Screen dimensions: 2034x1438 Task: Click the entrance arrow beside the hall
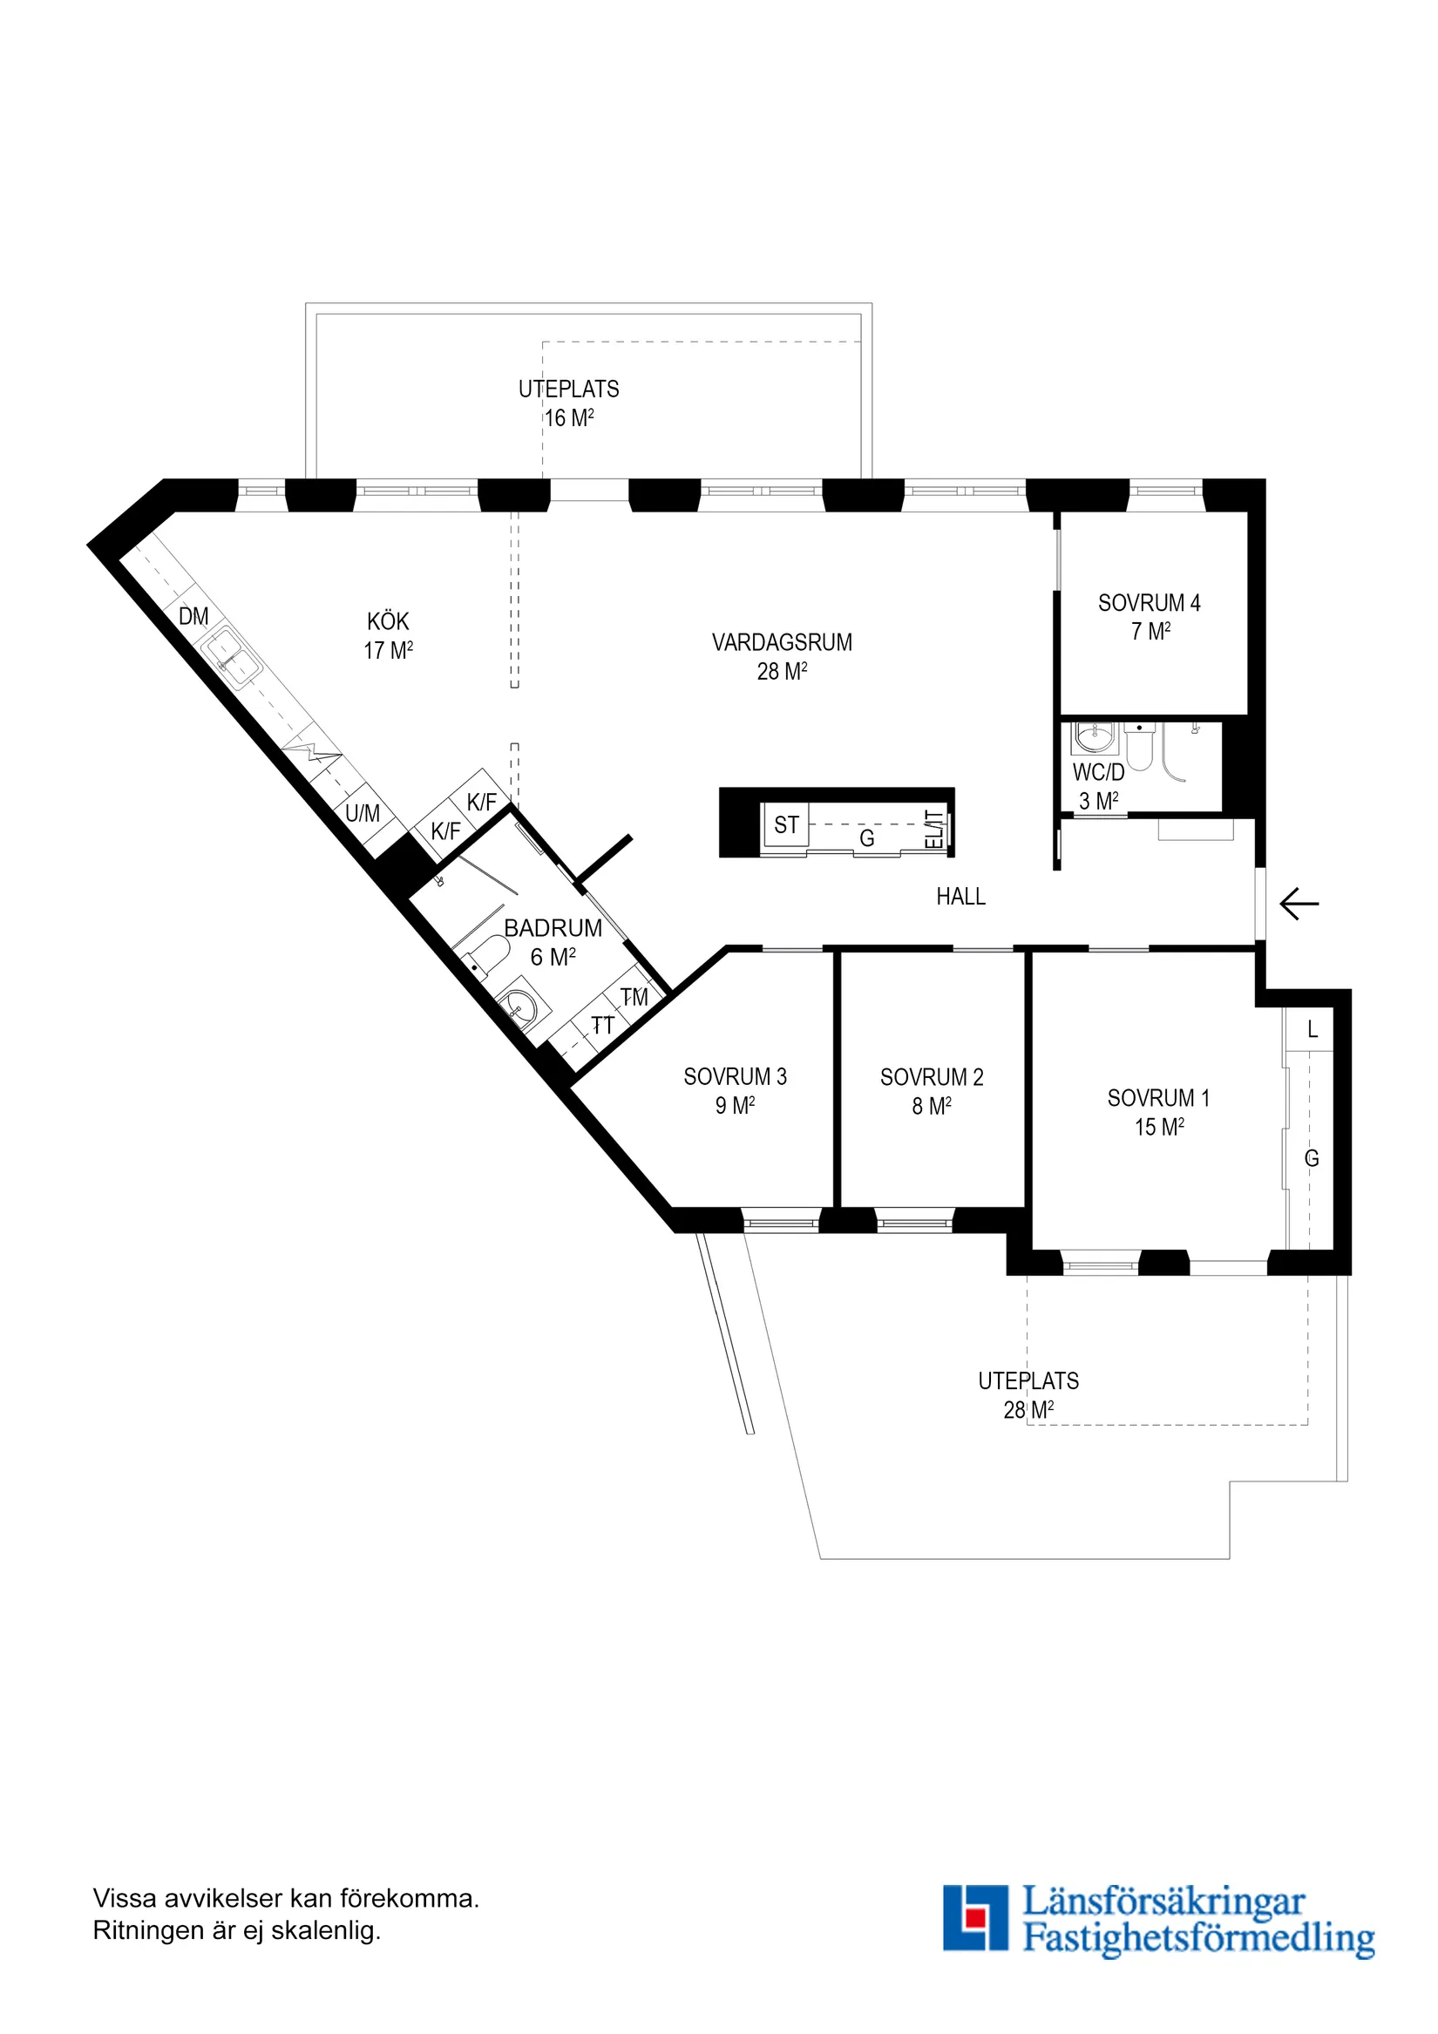point(1299,905)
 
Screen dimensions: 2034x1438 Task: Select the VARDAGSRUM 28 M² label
point(782,656)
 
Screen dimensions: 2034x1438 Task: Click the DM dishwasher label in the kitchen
point(194,617)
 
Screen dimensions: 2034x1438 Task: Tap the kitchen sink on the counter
point(232,658)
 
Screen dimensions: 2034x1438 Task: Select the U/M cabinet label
point(363,813)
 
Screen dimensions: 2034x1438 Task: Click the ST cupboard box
point(786,824)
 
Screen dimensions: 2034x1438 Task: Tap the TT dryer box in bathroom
point(602,1025)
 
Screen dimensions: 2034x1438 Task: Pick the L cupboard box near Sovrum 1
point(1313,1029)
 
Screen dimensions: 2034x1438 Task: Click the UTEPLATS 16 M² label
point(568,403)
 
